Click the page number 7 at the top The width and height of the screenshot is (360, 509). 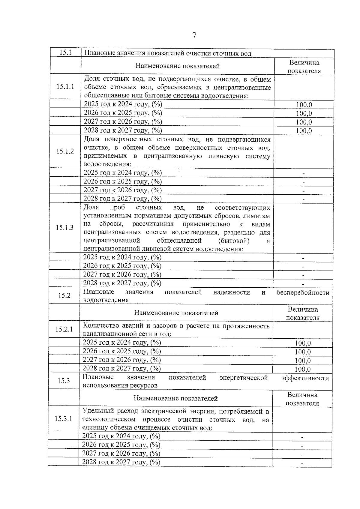pos(194,35)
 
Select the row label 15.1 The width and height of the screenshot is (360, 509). pos(65,52)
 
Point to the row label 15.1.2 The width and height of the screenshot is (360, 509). pos(65,151)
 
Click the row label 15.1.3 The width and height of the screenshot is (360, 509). pos(64,227)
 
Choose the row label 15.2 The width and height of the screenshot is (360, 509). pos(64,295)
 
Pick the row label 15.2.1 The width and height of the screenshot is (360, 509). pos(64,329)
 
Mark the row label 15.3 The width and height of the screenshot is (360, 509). pos(64,381)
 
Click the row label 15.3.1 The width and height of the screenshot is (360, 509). pos(63,419)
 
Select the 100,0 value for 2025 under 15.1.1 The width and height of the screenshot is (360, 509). pos(304,105)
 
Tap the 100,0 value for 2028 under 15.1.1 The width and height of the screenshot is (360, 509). pos(304,131)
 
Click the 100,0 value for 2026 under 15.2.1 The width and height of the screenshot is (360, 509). pos(303,352)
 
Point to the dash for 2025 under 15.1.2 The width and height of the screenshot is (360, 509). pos(304,174)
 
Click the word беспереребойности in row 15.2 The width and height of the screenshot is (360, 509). pos(303,292)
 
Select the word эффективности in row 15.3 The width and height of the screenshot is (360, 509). pos(305,378)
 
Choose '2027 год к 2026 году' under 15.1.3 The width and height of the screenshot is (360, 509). pos(122,274)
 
